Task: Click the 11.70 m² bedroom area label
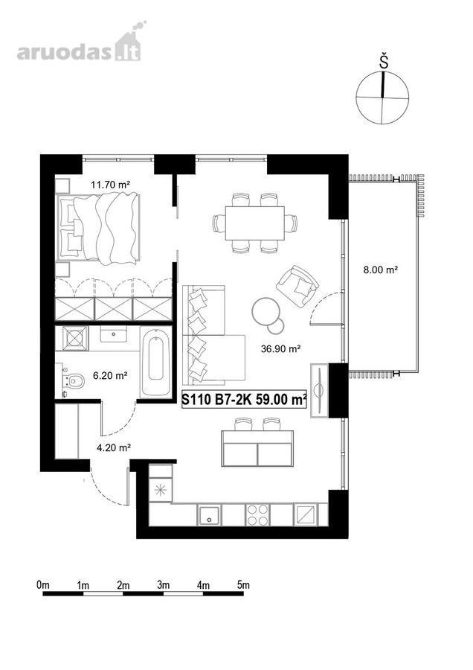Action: [x=110, y=185]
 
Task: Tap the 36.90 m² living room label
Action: [x=281, y=348]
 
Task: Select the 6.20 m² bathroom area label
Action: [x=111, y=376]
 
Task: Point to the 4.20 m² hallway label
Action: [x=113, y=448]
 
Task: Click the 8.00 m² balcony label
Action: [x=381, y=269]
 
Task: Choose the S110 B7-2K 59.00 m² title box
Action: [x=244, y=399]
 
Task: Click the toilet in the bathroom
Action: [x=72, y=380]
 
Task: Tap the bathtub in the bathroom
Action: [x=156, y=363]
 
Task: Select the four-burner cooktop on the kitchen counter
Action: [x=258, y=514]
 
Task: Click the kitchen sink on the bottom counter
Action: [x=209, y=514]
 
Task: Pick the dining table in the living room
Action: [x=255, y=223]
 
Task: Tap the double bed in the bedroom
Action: [x=98, y=227]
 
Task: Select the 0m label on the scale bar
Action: [x=43, y=584]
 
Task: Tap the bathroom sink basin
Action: [x=113, y=334]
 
